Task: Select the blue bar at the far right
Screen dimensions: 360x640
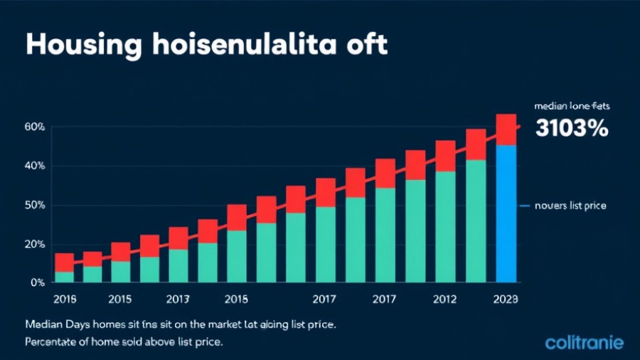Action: (506, 213)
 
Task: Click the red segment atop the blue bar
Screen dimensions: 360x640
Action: (506, 129)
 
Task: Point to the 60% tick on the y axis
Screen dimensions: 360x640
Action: (34, 127)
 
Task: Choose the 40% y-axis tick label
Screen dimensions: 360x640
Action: (34, 166)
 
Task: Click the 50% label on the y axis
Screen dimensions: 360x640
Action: (34, 205)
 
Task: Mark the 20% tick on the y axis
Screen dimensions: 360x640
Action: (34, 244)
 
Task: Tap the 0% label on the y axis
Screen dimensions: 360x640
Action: (38, 282)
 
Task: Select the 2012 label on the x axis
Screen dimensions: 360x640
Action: (445, 299)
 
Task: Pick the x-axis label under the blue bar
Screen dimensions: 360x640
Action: (506, 299)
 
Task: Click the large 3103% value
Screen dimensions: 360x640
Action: (571, 128)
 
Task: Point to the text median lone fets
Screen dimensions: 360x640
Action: (572, 105)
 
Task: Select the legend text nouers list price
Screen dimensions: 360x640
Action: (572, 205)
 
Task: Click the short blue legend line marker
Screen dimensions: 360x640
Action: (526, 205)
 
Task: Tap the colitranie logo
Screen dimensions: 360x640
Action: (584, 343)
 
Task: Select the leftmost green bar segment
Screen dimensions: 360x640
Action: (64, 277)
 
